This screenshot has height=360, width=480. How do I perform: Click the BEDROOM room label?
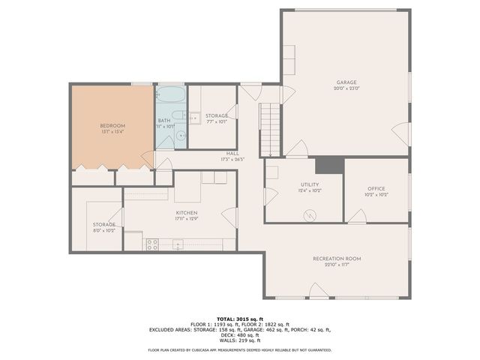tap(112, 125)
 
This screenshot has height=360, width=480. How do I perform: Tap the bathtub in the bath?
tap(170, 97)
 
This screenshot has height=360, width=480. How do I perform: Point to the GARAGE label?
tap(346, 82)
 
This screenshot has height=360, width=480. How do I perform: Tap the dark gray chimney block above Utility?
tap(328, 165)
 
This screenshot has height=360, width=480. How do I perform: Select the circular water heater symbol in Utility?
tap(310, 214)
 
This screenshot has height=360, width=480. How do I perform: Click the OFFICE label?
tap(376, 188)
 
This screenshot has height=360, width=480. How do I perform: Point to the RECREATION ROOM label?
tap(337, 259)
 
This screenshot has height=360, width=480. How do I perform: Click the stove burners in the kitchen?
tap(152, 243)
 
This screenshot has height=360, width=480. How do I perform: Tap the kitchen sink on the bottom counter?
tap(178, 243)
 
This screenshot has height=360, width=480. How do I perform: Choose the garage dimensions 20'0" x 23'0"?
tap(346, 88)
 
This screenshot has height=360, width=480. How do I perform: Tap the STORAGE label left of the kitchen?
tap(103, 224)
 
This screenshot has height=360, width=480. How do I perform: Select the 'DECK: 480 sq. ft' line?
tap(239, 335)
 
